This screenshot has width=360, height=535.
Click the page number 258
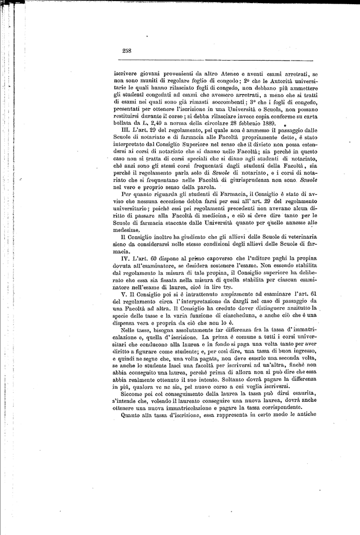(126, 51)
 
